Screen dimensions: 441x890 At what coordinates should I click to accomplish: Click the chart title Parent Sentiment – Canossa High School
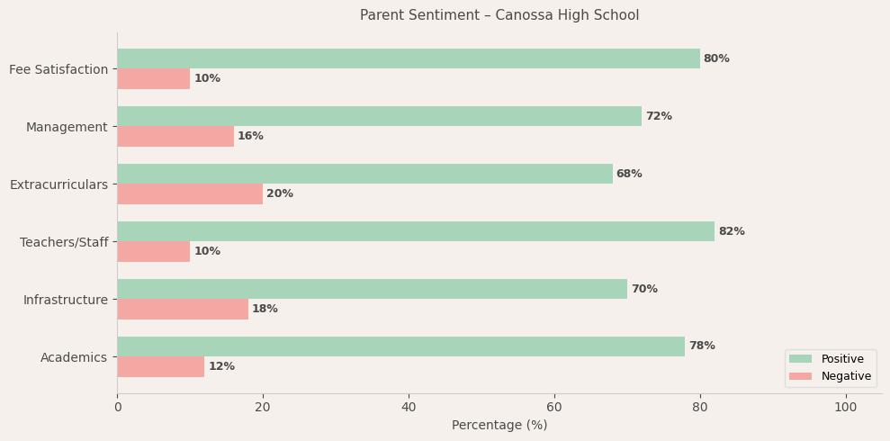coord(499,15)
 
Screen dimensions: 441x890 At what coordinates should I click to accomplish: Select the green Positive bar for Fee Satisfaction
coord(409,58)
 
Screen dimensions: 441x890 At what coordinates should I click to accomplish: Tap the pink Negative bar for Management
coord(175,136)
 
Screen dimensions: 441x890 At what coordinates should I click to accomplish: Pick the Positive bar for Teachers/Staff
coord(416,231)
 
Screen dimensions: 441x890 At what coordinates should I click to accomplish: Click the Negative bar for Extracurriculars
coord(190,193)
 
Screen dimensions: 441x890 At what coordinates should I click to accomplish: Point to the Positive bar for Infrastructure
coord(372,289)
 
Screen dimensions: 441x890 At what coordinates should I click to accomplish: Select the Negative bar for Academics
coord(161,366)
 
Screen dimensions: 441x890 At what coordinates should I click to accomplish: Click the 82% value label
coord(732,231)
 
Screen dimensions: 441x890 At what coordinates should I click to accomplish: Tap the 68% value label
coord(629,174)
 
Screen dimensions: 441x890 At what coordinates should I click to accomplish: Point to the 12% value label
coord(221,366)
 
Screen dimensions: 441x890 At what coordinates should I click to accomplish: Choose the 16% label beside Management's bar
coord(250,136)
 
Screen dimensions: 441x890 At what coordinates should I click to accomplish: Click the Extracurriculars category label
coord(58,184)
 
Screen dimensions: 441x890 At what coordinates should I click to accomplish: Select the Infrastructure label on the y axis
coord(66,300)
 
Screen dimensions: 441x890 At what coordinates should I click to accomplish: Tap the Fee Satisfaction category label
coord(58,69)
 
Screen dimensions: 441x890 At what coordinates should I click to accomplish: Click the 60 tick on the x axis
coord(554,408)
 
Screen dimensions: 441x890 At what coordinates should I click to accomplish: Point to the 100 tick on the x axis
coord(846,408)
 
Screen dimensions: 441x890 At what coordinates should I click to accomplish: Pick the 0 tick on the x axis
coord(117,408)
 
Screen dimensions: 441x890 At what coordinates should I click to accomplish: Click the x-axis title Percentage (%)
coord(499,426)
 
